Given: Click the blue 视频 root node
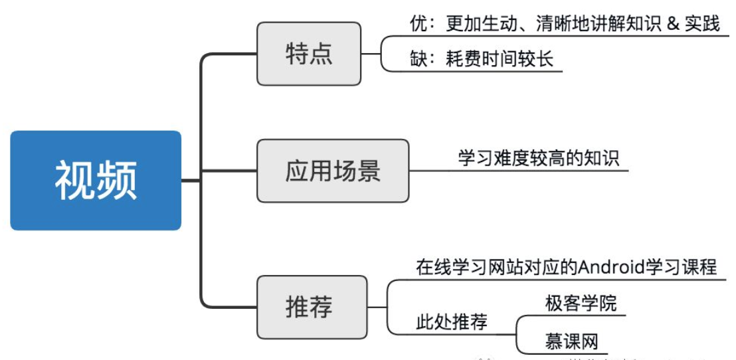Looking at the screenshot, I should click(96, 180).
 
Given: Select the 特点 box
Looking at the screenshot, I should click(309, 54).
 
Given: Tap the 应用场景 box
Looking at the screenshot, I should click(333, 171).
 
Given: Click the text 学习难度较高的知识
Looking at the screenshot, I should click(538, 159).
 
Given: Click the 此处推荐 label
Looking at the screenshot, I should click(452, 323).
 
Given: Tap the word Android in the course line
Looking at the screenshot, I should click(612, 267).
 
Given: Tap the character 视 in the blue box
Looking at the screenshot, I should click(74, 180).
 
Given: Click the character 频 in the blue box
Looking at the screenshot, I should click(117, 180).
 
